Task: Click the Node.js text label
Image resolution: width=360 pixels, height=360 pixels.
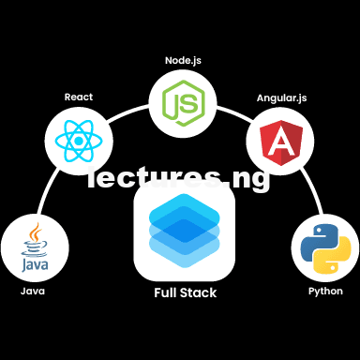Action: tap(183, 61)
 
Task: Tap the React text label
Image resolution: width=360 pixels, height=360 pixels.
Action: tap(79, 97)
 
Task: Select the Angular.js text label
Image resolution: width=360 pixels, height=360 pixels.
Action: tap(282, 98)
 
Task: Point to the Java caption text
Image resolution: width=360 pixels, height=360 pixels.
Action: tap(33, 292)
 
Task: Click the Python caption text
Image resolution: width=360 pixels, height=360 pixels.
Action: tap(325, 292)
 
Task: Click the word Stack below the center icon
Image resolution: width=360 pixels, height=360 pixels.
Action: tap(198, 292)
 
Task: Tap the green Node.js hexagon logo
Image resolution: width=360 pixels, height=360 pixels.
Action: tap(184, 103)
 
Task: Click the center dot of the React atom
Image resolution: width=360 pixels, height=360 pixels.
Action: tap(79, 142)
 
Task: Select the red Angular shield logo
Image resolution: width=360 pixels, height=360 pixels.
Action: tap(281, 142)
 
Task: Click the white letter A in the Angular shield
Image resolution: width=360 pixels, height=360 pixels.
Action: tap(281, 142)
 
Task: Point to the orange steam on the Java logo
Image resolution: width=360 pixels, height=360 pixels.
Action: tap(36, 232)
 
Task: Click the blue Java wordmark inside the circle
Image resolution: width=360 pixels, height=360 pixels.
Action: tap(35, 265)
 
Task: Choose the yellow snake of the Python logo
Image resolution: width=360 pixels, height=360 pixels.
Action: tap(334, 256)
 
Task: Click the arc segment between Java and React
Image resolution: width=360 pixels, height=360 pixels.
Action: tap(47, 190)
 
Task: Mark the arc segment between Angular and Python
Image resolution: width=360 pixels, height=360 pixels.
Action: tap(312, 190)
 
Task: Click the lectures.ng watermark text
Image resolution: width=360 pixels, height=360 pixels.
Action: tap(178, 178)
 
